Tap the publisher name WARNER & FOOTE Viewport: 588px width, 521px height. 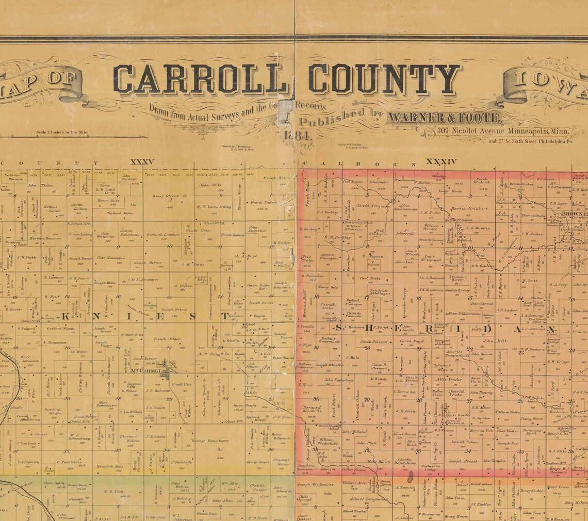tap(444, 118)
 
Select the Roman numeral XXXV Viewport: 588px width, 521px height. tap(142, 162)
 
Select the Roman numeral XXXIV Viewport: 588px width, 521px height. tap(441, 162)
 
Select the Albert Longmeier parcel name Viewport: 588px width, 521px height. tap(368, 499)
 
